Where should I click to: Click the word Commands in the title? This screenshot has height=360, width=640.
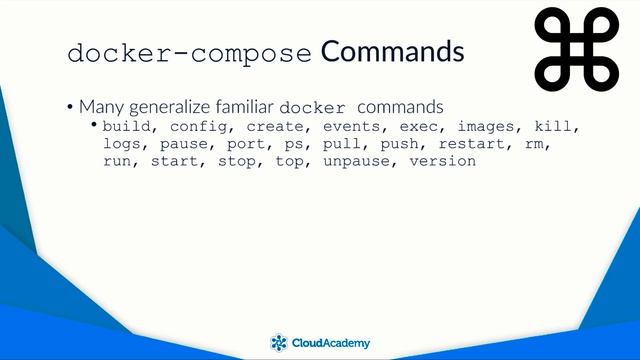click(x=392, y=51)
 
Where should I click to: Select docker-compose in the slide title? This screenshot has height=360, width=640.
click(x=190, y=53)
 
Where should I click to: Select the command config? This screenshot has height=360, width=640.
click(x=197, y=127)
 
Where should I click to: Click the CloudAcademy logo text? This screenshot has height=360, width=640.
click(x=331, y=343)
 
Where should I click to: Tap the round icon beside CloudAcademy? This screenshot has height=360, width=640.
click(x=279, y=343)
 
